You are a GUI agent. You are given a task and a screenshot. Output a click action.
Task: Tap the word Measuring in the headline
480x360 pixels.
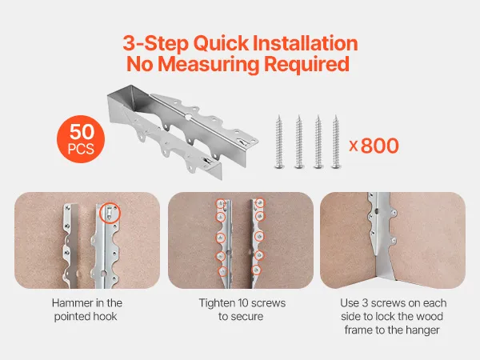[x=209, y=64]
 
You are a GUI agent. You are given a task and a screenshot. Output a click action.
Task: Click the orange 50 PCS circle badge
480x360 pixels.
[x=81, y=139]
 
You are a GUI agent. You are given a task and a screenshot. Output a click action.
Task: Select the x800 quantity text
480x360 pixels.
[x=374, y=146]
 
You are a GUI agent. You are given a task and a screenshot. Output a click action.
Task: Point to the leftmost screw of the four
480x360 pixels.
[x=279, y=142]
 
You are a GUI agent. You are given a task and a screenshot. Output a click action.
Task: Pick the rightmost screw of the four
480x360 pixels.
[x=336, y=142]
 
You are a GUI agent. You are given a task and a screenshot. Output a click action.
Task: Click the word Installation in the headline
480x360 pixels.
[x=306, y=43]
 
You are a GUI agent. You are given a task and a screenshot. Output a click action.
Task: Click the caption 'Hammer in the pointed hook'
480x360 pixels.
[x=86, y=310]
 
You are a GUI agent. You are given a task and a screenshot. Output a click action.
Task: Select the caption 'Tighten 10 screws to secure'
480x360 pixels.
[x=242, y=310]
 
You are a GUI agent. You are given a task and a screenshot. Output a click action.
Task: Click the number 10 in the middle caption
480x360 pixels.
[x=238, y=303]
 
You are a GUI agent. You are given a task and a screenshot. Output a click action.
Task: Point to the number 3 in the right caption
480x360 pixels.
[x=365, y=303]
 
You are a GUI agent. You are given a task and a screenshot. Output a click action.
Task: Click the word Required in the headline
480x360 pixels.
[x=306, y=65]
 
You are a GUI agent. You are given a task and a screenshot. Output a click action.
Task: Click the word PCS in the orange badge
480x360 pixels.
[x=81, y=150]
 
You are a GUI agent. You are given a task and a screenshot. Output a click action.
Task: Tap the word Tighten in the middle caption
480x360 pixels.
[x=214, y=303]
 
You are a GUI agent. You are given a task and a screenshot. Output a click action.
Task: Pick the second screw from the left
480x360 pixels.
[x=299, y=142]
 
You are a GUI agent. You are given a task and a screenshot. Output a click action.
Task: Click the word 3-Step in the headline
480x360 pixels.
[x=156, y=43]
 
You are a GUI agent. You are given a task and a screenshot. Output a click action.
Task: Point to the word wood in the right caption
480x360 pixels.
[x=431, y=316]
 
